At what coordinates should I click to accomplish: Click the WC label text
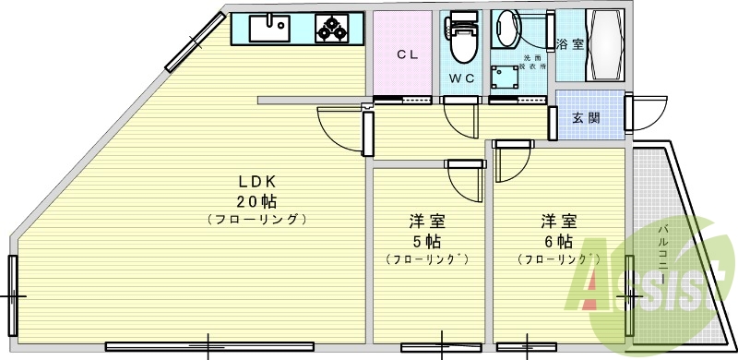462,78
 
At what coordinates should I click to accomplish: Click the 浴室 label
569,43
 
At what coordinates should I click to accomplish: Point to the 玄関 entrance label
586,117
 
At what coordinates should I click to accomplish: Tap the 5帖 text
428,241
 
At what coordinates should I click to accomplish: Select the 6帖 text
559,241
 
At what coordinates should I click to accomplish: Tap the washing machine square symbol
504,75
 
